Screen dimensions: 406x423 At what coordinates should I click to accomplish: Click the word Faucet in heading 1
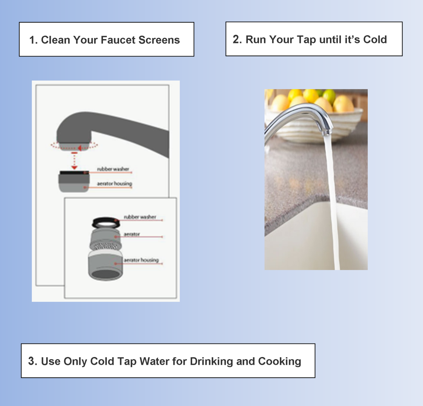click(118, 40)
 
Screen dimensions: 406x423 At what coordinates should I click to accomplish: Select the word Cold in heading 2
click(375, 39)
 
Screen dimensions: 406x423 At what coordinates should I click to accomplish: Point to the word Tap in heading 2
click(306, 40)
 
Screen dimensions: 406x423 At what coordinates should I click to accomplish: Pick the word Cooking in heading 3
click(280, 361)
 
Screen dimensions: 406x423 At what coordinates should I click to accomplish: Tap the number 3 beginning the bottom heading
click(32, 361)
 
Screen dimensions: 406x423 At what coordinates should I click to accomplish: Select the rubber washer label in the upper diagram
click(113, 169)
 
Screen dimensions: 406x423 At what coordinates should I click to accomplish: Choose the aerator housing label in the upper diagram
click(115, 184)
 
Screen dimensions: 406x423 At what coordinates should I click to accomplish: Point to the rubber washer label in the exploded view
click(140, 217)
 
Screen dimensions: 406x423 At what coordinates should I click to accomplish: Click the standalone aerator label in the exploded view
click(132, 234)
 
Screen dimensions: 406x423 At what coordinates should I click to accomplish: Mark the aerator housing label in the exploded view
click(141, 260)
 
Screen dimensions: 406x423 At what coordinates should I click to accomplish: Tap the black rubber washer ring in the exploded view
click(105, 223)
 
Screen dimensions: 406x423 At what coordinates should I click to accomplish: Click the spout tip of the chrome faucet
click(327, 133)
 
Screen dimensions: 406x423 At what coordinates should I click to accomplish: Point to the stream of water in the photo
click(331, 197)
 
